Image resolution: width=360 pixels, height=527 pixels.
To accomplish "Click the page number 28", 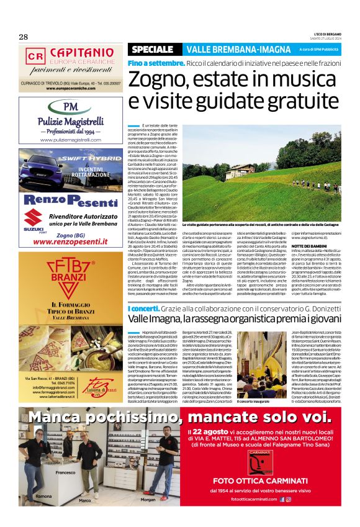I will click(24, 37).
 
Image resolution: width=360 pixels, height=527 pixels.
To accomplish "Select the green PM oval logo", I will click(71, 106).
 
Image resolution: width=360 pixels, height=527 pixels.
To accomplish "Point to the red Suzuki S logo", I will click(32, 217).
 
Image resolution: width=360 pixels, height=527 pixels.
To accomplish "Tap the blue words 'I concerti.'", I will click(145, 308).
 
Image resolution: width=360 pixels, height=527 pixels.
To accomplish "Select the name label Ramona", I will click(43, 497).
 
